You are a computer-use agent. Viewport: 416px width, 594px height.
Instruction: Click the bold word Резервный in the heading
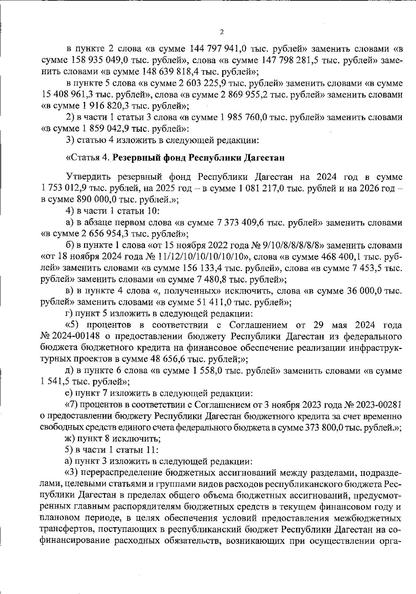pyautogui.click(x=135, y=158)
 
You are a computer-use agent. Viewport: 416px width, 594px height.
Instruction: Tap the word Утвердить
pyautogui.click(x=88, y=177)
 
